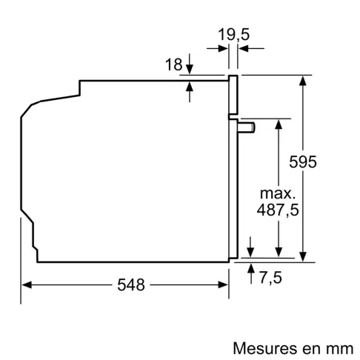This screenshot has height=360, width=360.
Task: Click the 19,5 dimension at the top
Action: (x=233, y=33)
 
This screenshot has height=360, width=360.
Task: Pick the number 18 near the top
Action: (x=173, y=65)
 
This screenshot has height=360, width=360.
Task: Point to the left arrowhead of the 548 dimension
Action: (x=26, y=284)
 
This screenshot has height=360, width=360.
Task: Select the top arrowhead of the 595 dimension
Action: (x=304, y=79)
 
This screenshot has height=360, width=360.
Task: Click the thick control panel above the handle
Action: (x=233, y=96)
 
